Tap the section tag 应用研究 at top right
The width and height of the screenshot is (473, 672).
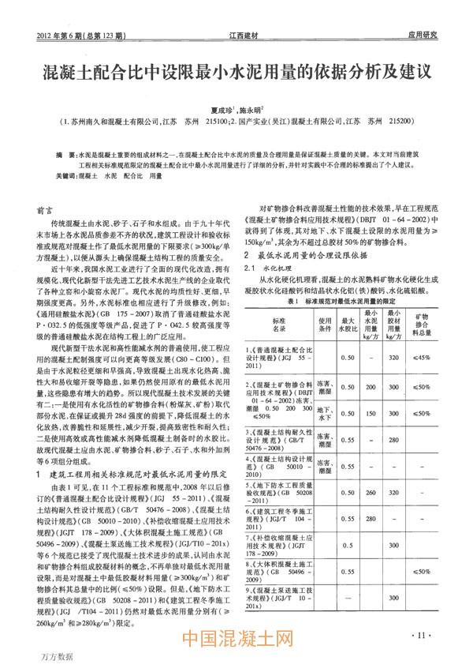point(423,35)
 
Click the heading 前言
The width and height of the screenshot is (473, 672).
point(46,211)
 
